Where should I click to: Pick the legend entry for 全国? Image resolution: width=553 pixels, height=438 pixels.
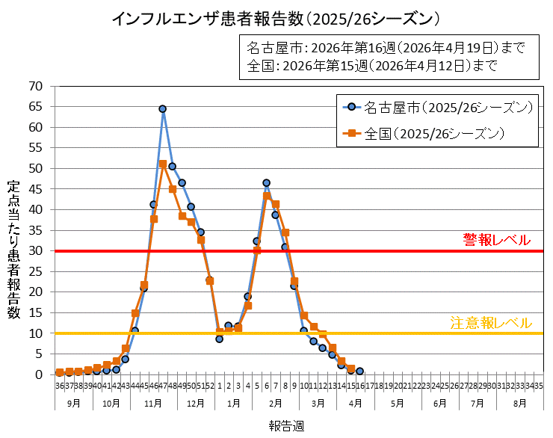[433, 135]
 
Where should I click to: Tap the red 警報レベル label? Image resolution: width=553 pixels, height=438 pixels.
[496, 240]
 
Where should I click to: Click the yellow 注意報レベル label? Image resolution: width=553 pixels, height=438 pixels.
[490, 323]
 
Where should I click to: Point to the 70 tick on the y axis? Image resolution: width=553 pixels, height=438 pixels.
[36, 86]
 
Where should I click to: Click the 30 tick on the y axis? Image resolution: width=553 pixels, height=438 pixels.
[36, 250]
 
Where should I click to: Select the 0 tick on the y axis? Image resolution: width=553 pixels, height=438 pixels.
[39, 374]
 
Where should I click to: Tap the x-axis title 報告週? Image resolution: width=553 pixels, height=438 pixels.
[286, 425]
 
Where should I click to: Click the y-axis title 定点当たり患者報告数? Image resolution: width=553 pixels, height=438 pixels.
[13, 250]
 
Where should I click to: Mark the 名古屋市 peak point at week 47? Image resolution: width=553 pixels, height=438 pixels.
[162, 109]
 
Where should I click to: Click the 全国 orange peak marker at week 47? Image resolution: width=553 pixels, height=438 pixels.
[163, 164]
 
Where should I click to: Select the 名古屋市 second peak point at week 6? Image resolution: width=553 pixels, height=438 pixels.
[266, 182]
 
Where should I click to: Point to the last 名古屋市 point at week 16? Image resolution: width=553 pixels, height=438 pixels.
[359, 371]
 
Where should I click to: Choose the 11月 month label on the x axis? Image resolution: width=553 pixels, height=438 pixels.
[153, 402]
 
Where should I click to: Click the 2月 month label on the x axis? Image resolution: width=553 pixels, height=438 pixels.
[275, 402]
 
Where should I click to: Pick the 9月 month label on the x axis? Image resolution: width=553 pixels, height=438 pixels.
[73, 402]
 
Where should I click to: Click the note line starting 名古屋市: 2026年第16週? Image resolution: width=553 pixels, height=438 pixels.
[386, 48]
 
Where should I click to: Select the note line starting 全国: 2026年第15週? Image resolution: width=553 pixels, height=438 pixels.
[371, 65]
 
